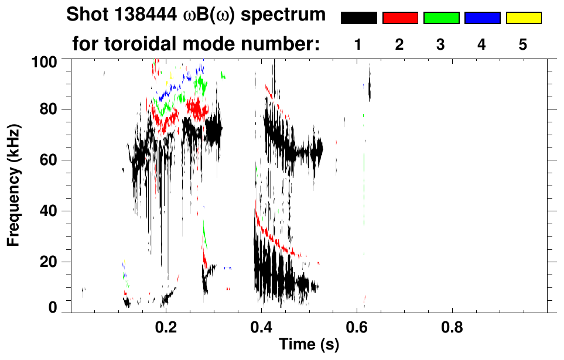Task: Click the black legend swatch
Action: [x=359, y=18]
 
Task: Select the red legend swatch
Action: [x=400, y=18]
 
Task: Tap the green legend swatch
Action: [x=441, y=18]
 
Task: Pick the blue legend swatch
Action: [x=482, y=18]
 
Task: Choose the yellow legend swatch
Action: [x=523, y=18]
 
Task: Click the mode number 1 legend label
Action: [x=358, y=44]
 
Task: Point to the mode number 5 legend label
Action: [x=523, y=44]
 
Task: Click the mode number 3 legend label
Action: [x=440, y=44]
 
